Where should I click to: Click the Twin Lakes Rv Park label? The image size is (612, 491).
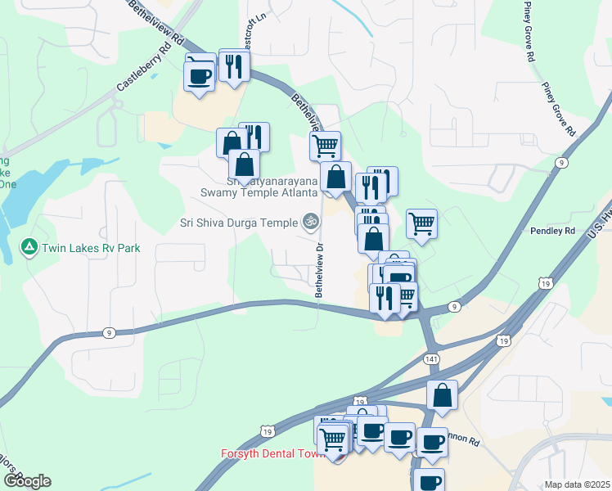(92, 248)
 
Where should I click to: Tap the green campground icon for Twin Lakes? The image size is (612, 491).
(30, 246)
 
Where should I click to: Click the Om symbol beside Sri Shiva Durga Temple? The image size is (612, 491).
(309, 220)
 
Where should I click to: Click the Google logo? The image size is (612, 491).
(26, 481)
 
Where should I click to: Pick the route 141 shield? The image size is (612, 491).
(431, 359)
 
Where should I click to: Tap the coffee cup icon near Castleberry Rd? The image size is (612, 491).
(200, 74)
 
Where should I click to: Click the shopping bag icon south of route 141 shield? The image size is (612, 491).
(442, 395)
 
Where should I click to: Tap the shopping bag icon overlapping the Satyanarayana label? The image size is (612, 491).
(244, 164)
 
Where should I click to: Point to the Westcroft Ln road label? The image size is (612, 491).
(250, 29)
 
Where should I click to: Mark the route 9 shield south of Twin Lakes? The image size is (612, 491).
(108, 333)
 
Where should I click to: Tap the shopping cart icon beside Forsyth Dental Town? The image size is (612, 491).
(333, 438)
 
